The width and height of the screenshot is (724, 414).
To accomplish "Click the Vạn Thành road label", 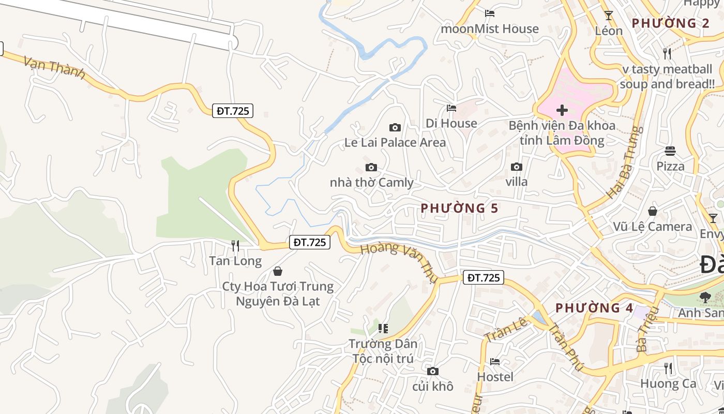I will (54, 68).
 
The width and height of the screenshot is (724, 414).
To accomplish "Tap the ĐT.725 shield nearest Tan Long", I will (309, 242).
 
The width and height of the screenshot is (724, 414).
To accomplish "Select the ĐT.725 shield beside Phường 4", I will (483, 277).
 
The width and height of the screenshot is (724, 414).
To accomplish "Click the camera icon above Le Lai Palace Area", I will (395, 127).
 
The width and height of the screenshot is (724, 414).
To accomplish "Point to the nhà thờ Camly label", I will (371, 182).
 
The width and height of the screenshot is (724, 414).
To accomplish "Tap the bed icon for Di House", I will (451, 108).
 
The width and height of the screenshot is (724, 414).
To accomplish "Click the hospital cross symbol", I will (562, 110).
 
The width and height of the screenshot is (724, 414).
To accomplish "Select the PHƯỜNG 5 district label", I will (459, 208).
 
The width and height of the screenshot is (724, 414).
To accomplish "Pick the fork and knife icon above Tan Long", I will (235, 245).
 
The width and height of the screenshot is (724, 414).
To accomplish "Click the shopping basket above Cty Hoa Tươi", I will (278, 271).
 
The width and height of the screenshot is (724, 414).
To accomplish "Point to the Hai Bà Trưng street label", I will (624, 162).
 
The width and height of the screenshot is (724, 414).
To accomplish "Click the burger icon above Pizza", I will (670, 151).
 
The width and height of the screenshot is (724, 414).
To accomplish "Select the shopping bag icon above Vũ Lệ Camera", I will (653, 211).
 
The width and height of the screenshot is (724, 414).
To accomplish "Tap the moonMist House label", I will (489, 28).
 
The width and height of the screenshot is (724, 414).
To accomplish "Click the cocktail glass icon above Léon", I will (609, 16).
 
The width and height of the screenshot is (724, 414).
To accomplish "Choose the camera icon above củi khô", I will (433, 371).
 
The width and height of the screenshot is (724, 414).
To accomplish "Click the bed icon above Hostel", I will (495, 361).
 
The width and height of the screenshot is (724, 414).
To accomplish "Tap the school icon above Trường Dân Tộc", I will (383, 328).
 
